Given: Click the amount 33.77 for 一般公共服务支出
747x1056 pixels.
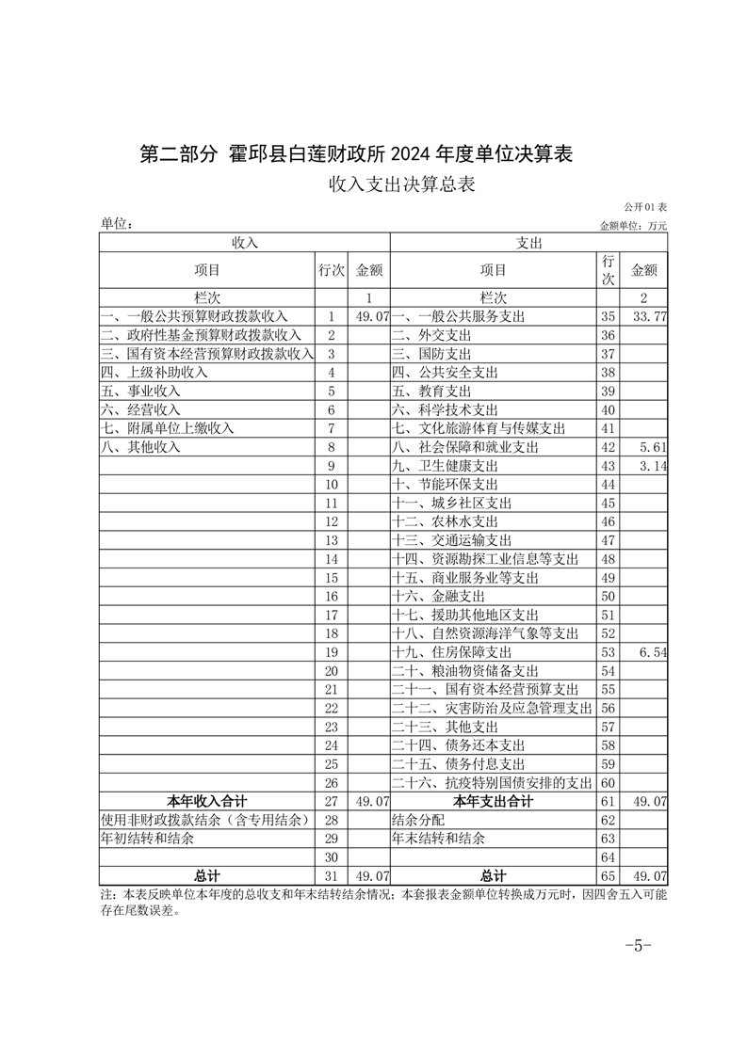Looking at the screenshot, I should [x=648, y=317].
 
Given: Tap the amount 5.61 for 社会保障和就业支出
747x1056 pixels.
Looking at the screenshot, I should [x=652, y=447].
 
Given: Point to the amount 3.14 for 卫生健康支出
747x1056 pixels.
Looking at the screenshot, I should [x=652, y=466].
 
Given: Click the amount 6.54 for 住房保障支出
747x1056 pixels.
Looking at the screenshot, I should [x=652, y=651].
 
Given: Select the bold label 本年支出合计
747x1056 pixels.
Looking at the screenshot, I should [x=493, y=801].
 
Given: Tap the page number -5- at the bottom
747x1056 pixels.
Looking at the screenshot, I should [x=638, y=946].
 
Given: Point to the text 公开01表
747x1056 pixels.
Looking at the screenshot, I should [x=645, y=207].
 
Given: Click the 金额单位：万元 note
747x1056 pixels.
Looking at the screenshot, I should [x=633, y=226].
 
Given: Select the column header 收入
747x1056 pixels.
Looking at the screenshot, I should [x=245, y=243].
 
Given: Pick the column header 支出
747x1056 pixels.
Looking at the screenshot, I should [x=528, y=243].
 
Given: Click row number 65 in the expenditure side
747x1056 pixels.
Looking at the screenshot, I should [x=607, y=876].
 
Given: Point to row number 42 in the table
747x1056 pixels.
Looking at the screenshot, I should [x=607, y=447].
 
